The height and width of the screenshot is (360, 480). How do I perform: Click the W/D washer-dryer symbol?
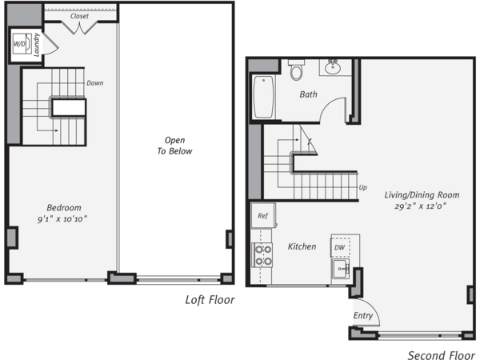coord(22,44)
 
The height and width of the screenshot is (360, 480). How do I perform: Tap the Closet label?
coord(79,16)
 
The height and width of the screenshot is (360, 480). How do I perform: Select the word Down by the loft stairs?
coord(95,83)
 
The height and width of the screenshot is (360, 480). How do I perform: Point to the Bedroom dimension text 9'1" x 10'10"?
coord(62,219)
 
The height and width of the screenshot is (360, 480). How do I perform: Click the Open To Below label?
coord(174,146)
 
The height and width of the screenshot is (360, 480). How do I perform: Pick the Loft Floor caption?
coord(210,300)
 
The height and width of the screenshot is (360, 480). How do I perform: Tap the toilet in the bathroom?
coord(296,70)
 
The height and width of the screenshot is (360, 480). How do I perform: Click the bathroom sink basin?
coord(333,67)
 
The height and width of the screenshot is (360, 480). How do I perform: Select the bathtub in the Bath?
coord(263,97)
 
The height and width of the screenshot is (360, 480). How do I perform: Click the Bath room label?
coord(308,94)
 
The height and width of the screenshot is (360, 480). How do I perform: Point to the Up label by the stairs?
coord(362,187)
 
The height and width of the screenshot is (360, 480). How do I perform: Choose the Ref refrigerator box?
coord(263,215)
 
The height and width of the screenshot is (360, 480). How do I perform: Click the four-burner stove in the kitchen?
coord(262,255)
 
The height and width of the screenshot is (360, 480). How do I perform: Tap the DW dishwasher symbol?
coord(340,247)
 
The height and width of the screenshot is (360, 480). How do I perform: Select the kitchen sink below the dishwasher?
coord(341,269)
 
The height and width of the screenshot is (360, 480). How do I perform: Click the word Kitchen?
coord(302,246)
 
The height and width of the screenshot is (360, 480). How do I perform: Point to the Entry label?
coord(363,316)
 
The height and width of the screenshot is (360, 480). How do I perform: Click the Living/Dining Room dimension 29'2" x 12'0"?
coord(420,206)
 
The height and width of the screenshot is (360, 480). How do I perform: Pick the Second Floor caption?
coord(441,355)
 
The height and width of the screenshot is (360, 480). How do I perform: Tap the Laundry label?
coord(37,45)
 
